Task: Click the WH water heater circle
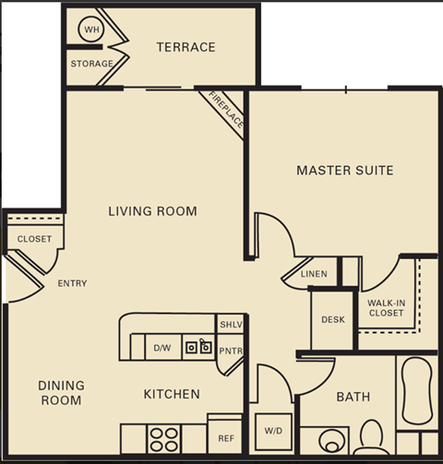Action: tap(91, 30)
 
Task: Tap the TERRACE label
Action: tap(186, 47)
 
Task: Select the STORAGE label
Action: tap(92, 64)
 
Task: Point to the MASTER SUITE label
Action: tap(344, 170)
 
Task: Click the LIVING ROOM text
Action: tap(152, 211)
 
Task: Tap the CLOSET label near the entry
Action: tap(34, 239)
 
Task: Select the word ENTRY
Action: tap(72, 283)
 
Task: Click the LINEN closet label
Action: tap(314, 274)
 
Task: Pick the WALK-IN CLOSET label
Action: tap(386, 307)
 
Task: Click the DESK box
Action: tap(332, 320)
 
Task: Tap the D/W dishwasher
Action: tap(162, 348)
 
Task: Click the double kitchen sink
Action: tap(198, 347)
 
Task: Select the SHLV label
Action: tap(230, 326)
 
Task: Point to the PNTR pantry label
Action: tap(230, 351)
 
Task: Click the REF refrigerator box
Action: tap(224, 438)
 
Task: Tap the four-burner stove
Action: tap(163, 437)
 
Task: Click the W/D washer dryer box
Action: tap(274, 431)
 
